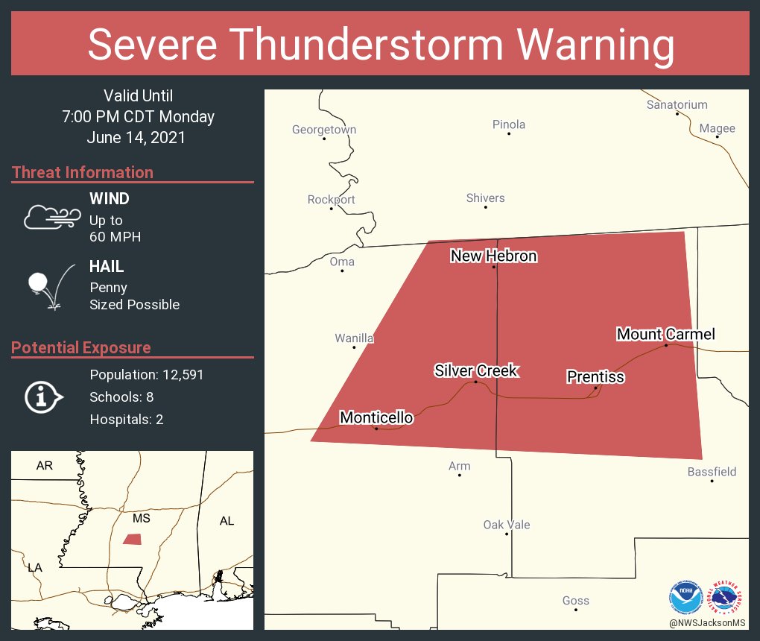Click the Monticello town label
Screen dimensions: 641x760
click(x=376, y=417)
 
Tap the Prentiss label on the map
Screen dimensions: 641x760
click(x=595, y=377)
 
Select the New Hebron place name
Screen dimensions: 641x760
click(x=493, y=256)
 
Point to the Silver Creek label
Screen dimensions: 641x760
click(x=476, y=370)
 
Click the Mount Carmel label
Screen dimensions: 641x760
click(x=665, y=334)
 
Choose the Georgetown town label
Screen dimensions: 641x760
click(x=323, y=130)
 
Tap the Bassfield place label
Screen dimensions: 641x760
click(x=712, y=471)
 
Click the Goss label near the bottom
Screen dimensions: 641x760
click(x=576, y=600)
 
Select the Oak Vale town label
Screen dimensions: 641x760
click(x=507, y=525)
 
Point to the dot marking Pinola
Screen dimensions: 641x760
click(x=509, y=133)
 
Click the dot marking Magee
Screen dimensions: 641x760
click(x=717, y=137)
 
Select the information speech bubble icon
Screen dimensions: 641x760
click(x=44, y=398)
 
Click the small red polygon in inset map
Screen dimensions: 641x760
click(x=133, y=539)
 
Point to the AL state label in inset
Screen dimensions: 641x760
click(x=227, y=521)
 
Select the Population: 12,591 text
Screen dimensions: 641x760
click(x=147, y=374)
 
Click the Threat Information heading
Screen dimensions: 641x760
click(x=83, y=172)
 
